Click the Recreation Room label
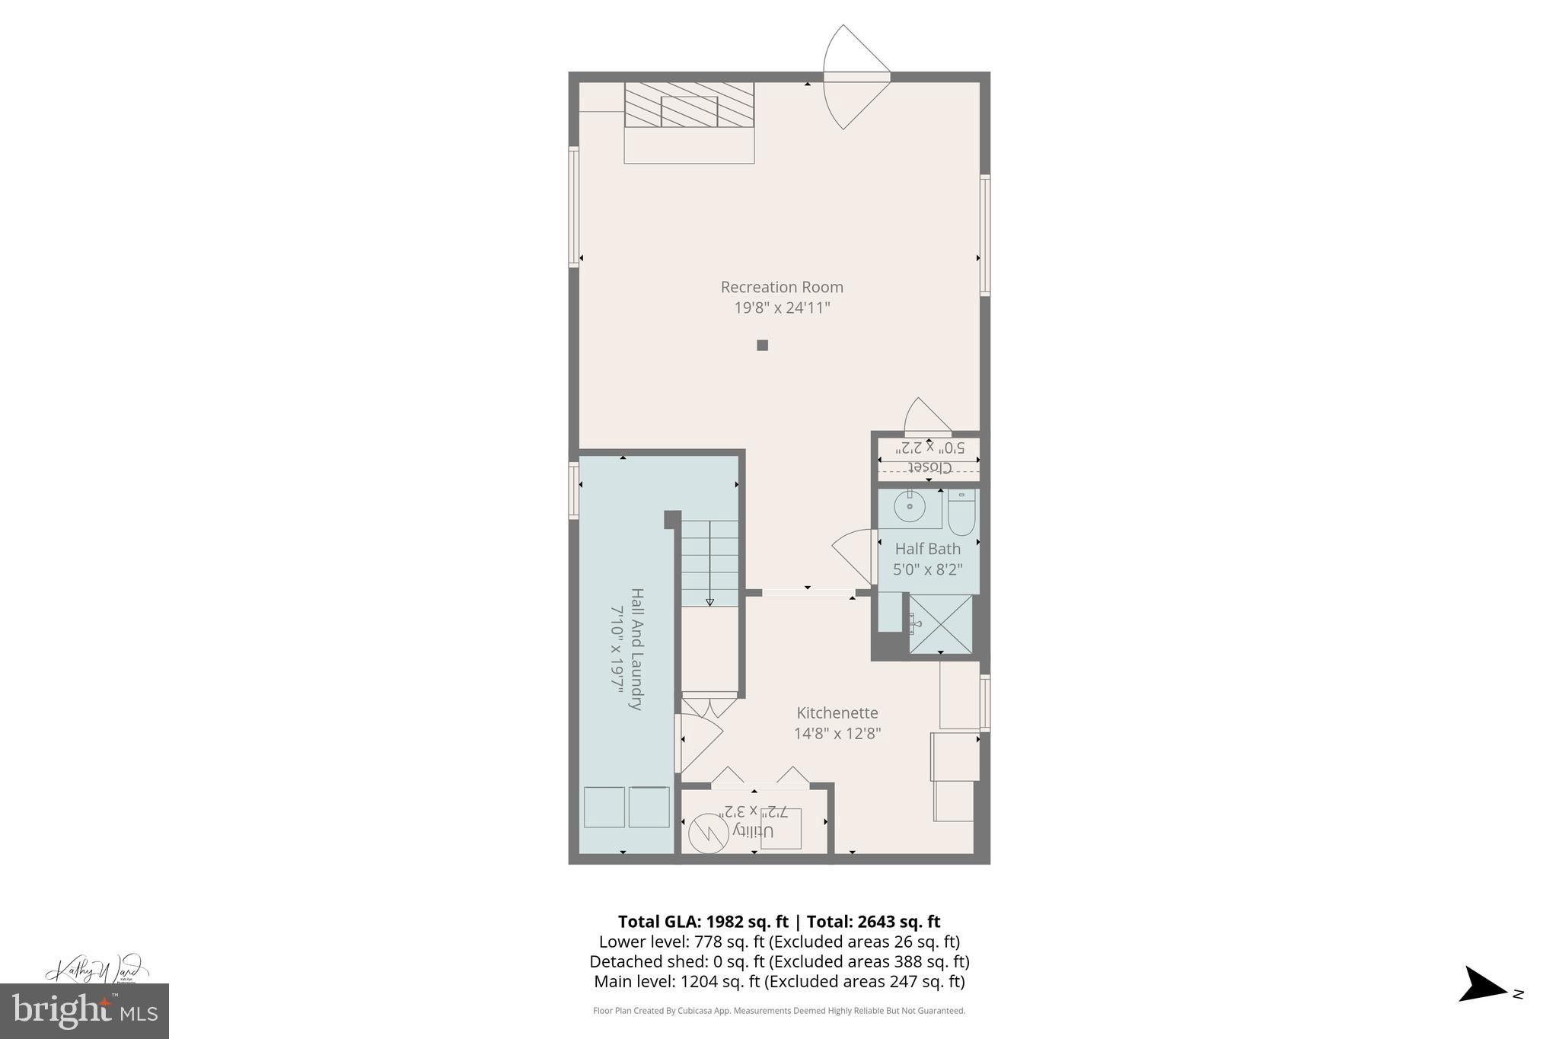(x=782, y=287)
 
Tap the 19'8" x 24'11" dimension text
(x=782, y=308)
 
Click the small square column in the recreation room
(x=762, y=346)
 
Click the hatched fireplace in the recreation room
(x=689, y=105)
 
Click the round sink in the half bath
(x=909, y=505)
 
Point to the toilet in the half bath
(x=962, y=513)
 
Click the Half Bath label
(x=927, y=549)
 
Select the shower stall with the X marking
(x=941, y=624)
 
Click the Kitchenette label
(x=837, y=713)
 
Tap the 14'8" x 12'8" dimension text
(x=837, y=734)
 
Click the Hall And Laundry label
(x=636, y=649)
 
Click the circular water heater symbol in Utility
(x=706, y=833)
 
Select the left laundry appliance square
(x=604, y=807)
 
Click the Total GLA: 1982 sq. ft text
(x=703, y=922)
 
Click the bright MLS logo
(x=84, y=1011)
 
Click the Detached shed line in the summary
(x=779, y=961)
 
